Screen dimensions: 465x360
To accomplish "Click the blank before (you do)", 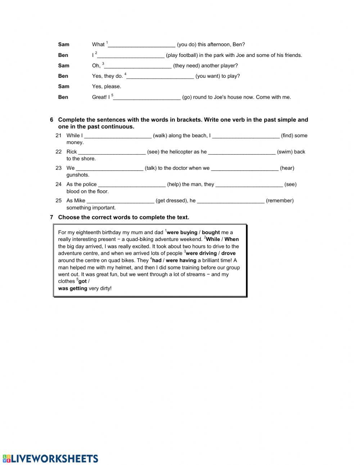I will pos(141,45).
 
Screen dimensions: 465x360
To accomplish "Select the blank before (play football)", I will pos(131,55).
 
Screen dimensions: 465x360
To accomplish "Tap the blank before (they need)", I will pos(138,66).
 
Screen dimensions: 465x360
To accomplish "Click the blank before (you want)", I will pos(160,76).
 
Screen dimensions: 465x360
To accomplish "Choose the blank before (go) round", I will pos(147,97).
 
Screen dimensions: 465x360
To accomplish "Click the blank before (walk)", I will pos(118,136).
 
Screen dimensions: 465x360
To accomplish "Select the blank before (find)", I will pos(246,136).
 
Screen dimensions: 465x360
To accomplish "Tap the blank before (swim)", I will pos(242,152).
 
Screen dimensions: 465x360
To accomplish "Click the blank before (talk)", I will pos(109,168).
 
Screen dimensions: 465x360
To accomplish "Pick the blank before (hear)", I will pos(245,168).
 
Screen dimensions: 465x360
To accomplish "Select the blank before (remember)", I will pos(230,201).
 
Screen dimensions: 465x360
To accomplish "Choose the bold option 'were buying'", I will pos(182,233).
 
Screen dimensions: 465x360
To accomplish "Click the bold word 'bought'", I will pos(211,233).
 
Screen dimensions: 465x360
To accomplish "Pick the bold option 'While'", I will pos(213,240).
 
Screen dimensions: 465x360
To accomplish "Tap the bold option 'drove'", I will pos(228,254).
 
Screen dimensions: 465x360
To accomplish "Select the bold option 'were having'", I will pos(181,260).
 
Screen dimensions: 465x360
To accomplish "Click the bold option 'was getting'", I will pos(73,289).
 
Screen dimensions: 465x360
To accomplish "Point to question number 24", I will pos(58,184).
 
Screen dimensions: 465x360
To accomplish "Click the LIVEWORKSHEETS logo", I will pos(50,458).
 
